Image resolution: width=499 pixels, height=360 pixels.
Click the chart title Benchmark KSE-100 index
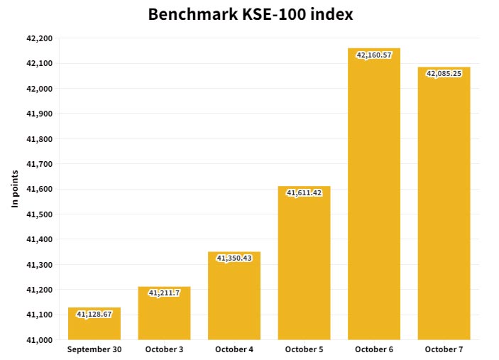coord(250,14)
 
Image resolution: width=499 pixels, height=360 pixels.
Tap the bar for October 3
coord(164,316)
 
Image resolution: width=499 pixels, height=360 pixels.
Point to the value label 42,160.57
coord(373,55)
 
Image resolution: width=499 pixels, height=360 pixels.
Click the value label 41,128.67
coord(94,314)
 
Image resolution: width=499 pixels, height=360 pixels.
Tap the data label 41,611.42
coord(304,192)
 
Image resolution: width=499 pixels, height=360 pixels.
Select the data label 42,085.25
coord(444,73)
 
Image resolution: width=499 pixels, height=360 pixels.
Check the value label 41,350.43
coord(234,258)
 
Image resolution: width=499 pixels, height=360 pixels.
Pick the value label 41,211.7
coord(164,293)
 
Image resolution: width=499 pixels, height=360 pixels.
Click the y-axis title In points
coord(15,189)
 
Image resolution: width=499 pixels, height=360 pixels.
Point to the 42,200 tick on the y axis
coord(39,38)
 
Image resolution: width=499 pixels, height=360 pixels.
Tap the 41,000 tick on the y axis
coord(39,340)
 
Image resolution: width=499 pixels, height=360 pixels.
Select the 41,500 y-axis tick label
coord(39,214)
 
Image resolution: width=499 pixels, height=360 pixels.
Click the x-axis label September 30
coord(94,349)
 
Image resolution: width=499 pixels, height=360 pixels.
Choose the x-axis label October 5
coord(304,349)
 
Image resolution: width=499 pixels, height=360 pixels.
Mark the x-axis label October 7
coord(444,349)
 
